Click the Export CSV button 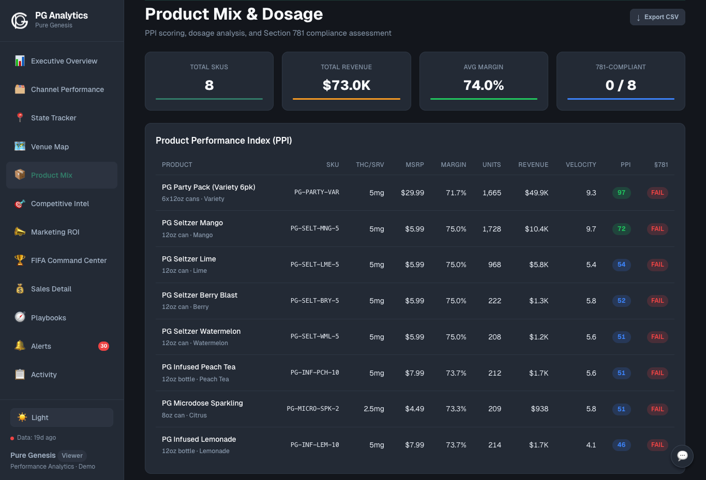click(x=657, y=17)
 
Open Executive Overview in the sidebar click(x=64, y=61)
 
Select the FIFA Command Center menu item click(x=68, y=260)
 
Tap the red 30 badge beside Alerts click(x=103, y=346)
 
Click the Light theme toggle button click(x=62, y=417)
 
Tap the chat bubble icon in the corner click(x=682, y=456)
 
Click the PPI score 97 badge click(x=621, y=193)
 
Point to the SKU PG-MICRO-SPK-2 click(x=313, y=409)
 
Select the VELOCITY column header click(x=581, y=165)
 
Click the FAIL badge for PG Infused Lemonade click(x=657, y=445)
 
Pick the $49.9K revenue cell click(x=536, y=193)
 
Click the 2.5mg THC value click(x=373, y=409)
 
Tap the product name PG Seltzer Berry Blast click(x=200, y=295)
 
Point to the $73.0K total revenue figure click(x=346, y=85)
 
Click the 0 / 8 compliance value click(x=621, y=85)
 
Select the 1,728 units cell click(x=491, y=229)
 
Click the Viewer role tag click(x=72, y=455)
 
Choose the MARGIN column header click(x=453, y=165)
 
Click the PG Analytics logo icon click(x=20, y=20)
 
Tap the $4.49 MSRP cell click(x=414, y=409)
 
